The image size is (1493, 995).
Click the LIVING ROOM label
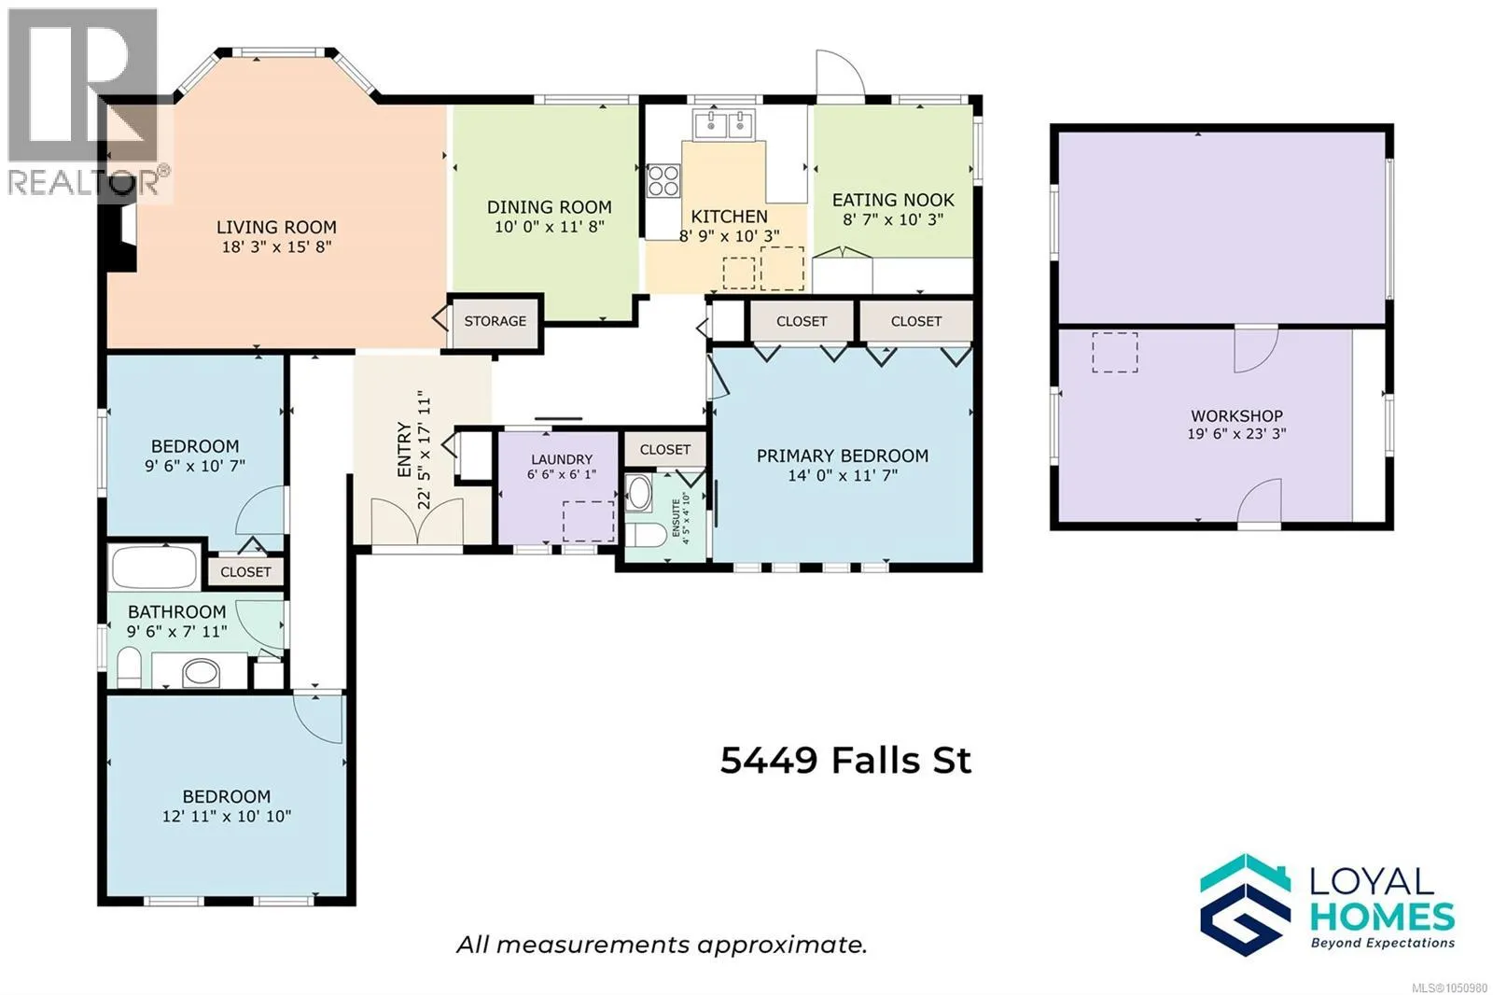tap(276, 228)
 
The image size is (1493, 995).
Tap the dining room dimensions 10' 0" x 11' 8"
tap(550, 227)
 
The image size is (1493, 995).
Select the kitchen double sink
tap(723, 125)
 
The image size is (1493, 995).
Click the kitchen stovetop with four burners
tap(663, 181)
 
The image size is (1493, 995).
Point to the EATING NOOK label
tap(893, 200)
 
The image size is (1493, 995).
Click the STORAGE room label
tap(495, 321)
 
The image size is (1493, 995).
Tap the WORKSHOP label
tap(1236, 416)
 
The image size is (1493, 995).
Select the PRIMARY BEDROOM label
tap(843, 456)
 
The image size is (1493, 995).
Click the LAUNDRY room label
tap(561, 459)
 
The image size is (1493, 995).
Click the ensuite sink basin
tap(639, 493)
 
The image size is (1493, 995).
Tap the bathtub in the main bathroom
tap(154, 568)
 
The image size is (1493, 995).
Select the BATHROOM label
tap(176, 611)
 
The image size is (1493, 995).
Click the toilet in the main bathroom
tap(129, 666)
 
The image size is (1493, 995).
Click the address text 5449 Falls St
tap(845, 761)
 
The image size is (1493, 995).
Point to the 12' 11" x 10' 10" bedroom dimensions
tap(227, 817)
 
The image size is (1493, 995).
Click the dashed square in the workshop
tap(1114, 352)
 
